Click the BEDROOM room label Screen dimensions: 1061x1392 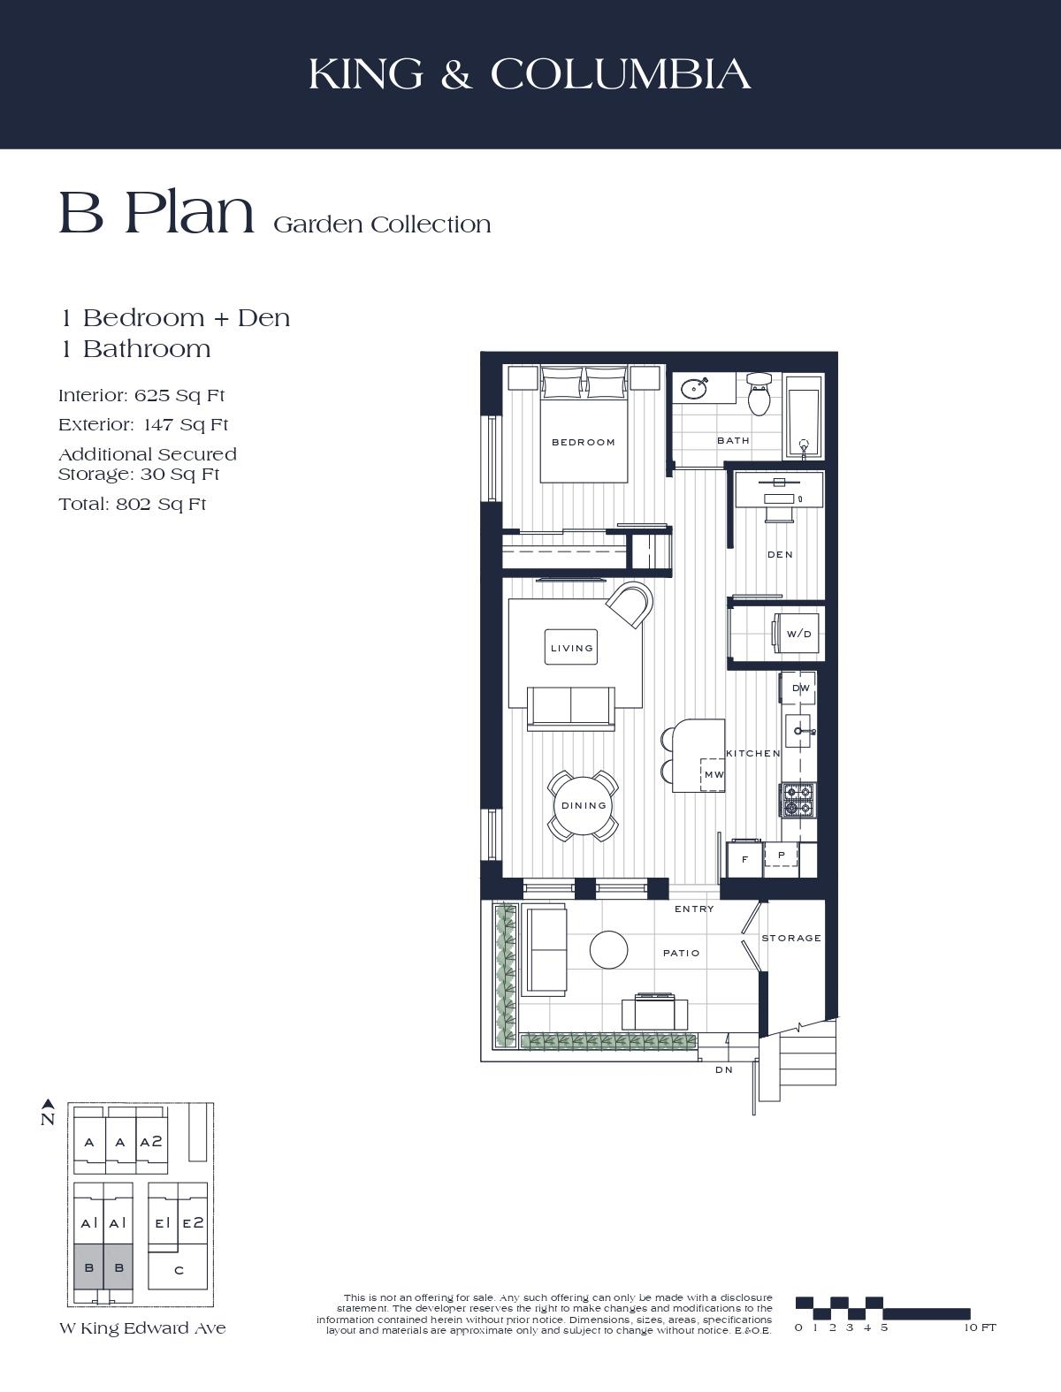pos(584,442)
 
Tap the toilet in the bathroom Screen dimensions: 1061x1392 pos(759,394)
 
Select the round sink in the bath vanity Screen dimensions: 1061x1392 pos(694,387)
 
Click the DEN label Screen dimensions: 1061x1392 pos(780,554)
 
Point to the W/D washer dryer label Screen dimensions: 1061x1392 pos(799,634)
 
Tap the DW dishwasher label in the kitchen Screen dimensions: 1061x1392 pos(801,688)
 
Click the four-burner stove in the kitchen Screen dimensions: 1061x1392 pos(798,801)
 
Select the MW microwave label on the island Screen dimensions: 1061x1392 pos(714,774)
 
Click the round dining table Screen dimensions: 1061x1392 pos(584,805)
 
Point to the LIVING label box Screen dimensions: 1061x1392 pos(571,648)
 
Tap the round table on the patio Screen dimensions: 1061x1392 pos(609,950)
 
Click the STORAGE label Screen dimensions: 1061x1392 pos(791,938)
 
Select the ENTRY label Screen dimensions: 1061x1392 pos(694,909)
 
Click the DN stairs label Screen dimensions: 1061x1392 pos(724,1069)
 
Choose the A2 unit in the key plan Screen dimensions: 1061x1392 pos(151,1142)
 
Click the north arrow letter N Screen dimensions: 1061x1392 pos(48,1120)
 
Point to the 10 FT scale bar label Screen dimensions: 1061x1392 pos(980,1327)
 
